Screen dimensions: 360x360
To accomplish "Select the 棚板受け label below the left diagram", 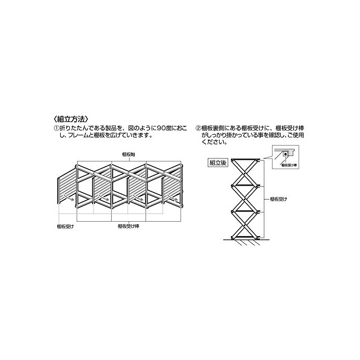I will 65,225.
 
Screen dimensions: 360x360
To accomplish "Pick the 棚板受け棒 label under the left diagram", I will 127,225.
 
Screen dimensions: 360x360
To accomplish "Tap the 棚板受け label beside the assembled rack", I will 278,198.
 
